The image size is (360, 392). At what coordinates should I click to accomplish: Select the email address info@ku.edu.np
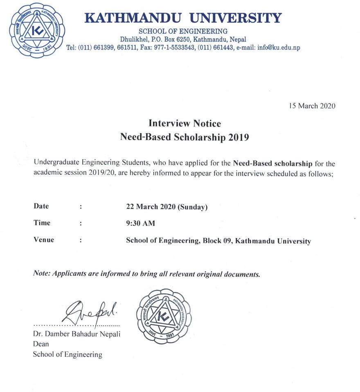click(x=279, y=48)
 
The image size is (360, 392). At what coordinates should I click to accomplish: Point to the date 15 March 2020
click(x=312, y=106)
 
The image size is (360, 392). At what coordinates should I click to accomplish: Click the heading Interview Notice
click(x=184, y=123)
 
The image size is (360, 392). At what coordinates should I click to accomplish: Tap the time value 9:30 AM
click(x=140, y=223)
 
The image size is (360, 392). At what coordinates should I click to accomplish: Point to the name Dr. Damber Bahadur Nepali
click(x=76, y=334)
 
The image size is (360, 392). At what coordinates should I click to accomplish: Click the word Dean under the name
click(x=40, y=344)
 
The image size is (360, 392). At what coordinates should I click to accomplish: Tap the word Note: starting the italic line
click(x=41, y=273)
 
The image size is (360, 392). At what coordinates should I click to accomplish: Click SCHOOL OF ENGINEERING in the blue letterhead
click(x=183, y=31)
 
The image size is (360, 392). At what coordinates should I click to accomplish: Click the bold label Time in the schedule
click(x=42, y=223)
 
